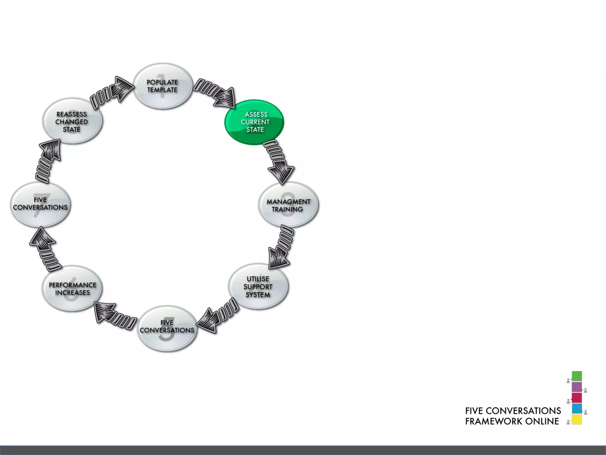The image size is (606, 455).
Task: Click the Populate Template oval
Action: (162, 86)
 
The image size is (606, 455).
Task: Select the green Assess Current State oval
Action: (255, 122)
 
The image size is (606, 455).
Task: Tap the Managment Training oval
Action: (288, 205)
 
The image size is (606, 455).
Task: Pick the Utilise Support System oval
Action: (258, 286)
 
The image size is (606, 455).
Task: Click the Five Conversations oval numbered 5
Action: (167, 328)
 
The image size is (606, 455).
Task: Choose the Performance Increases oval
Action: (72, 289)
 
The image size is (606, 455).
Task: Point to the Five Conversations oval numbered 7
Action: (40, 204)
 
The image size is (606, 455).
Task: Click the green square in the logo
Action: (577, 376)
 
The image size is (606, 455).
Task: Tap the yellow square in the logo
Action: (577, 419)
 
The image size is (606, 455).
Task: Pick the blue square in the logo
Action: (577, 408)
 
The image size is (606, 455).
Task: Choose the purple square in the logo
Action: (577, 387)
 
